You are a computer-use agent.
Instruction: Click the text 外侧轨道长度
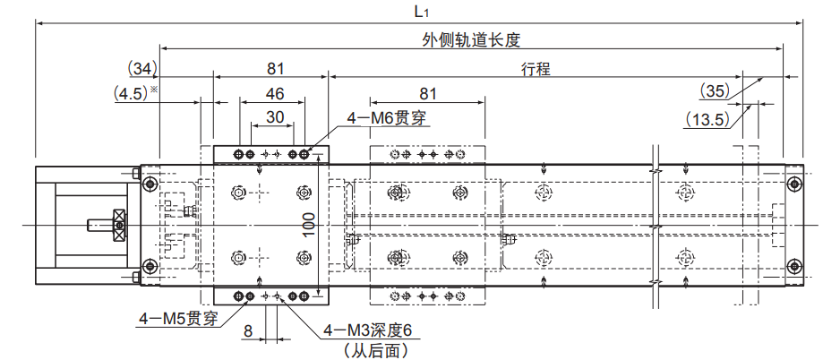coord(471,40)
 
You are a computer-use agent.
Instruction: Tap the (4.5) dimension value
coord(133,92)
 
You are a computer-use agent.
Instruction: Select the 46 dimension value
coord(276,93)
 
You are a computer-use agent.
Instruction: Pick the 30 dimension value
coord(276,116)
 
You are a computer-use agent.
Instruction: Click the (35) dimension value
coord(714,90)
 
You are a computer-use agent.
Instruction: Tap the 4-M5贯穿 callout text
coord(179,319)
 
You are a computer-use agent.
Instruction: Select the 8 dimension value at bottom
coord(248,330)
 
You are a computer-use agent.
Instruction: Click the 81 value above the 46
coord(275,68)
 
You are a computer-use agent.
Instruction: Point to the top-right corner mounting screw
coord(793,184)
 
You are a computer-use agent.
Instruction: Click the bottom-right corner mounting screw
coord(793,264)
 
